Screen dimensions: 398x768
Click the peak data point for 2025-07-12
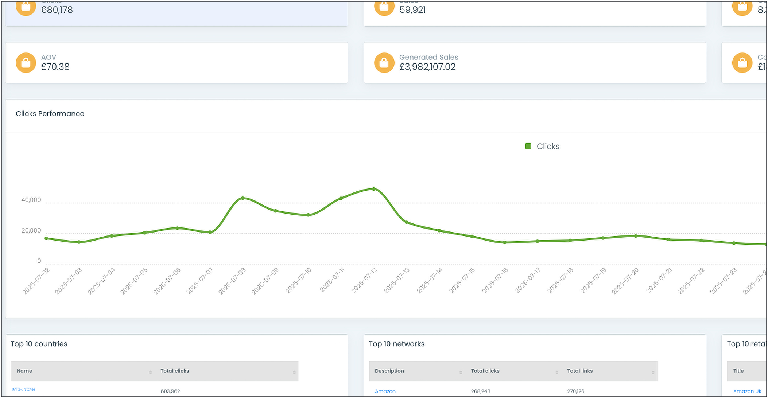click(374, 189)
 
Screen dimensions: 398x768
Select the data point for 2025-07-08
click(243, 198)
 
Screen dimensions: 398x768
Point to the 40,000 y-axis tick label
click(31, 200)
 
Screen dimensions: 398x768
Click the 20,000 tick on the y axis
click(31, 230)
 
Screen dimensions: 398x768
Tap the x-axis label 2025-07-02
click(36, 281)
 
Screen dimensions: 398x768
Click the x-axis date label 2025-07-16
click(495, 281)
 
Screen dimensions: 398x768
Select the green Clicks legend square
click(528, 146)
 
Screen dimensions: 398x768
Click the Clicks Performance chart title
click(50, 114)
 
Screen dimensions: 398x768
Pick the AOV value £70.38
click(55, 67)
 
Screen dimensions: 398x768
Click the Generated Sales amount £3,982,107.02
click(427, 67)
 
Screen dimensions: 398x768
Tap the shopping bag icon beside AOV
click(26, 63)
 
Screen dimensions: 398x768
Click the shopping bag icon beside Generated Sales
click(384, 63)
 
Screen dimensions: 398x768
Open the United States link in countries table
click(24, 389)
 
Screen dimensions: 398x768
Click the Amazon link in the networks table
click(385, 391)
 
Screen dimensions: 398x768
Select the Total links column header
click(580, 371)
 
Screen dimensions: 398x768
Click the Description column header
click(389, 371)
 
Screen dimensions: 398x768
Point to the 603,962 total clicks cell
click(170, 391)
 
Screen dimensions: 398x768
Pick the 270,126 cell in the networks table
click(575, 391)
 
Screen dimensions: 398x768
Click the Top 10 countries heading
click(39, 344)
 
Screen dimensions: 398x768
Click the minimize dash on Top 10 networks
click(698, 343)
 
